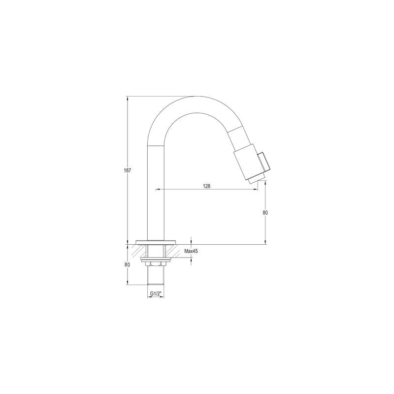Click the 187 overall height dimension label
[x=128, y=170]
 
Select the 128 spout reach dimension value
[x=206, y=186]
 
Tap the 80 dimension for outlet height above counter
[x=265, y=212]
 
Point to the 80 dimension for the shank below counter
[x=128, y=264]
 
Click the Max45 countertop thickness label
[x=191, y=251]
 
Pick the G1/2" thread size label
[x=156, y=294]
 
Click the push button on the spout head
[x=264, y=162]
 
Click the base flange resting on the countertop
[x=156, y=242]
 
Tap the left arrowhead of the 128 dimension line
[x=158, y=189]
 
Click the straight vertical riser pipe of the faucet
[x=156, y=197]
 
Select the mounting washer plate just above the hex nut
[x=156, y=258]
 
